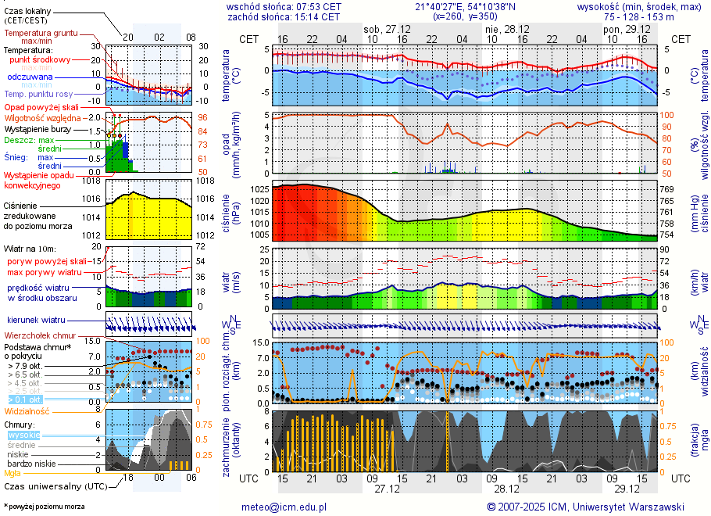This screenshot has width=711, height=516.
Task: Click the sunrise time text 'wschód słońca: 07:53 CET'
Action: click(284, 6)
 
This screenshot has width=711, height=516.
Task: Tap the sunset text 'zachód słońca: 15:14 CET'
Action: click(284, 16)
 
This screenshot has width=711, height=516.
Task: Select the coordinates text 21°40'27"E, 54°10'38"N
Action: click(466, 6)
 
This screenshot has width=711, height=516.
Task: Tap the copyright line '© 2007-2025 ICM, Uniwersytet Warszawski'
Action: click(585, 507)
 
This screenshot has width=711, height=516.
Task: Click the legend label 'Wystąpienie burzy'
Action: click(41, 128)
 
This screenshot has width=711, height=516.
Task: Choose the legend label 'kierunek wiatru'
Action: click(37, 320)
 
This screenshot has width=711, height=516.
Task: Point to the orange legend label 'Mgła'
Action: click(13, 473)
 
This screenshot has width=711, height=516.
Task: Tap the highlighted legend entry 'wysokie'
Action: click(23, 435)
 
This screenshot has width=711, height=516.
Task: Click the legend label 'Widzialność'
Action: click(27, 410)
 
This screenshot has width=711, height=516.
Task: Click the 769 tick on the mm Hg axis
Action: click(666, 189)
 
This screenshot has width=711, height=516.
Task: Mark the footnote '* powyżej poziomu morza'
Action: click(44, 507)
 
